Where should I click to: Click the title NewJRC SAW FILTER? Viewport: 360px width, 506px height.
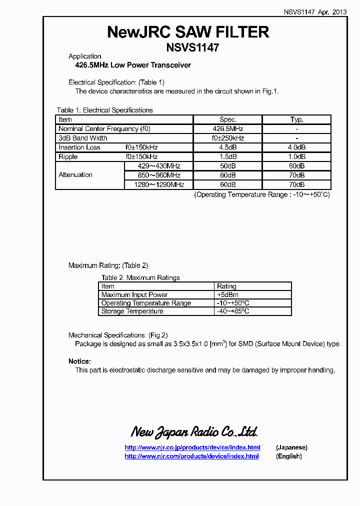pyautogui.click(x=188, y=32)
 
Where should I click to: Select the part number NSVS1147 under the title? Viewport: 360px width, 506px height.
pyautogui.click(x=192, y=47)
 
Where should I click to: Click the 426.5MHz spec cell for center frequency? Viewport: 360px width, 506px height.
pyautogui.click(x=227, y=129)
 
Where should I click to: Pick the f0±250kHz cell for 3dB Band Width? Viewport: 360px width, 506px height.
pyautogui.click(x=227, y=138)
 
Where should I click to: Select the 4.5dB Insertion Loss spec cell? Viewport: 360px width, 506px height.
pyautogui.click(x=227, y=147)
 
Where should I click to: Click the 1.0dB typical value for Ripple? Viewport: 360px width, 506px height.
pyautogui.click(x=296, y=157)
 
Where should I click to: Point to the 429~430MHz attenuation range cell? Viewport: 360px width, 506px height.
pyautogui.click(x=158, y=166)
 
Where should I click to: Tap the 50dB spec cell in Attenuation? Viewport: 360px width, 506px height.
pyautogui.click(x=227, y=166)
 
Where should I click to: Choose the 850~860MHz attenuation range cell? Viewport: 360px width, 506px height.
pyautogui.click(x=158, y=175)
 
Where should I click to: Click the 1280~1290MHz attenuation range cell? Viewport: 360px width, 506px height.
pyautogui.click(x=158, y=185)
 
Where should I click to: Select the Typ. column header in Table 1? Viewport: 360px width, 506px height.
pyautogui.click(x=296, y=120)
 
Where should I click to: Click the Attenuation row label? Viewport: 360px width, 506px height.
pyautogui.click(x=75, y=175)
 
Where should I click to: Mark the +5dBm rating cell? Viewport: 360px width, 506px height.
pyautogui.click(x=227, y=295)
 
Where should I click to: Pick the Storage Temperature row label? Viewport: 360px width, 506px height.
pyautogui.click(x=132, y=311)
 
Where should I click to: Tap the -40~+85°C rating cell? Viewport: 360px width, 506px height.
pyautogui.click(x=233, y=311)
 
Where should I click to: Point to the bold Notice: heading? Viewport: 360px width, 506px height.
pyautogui.click(x=79, y=361)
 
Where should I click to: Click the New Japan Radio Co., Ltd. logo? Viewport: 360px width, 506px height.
pyautogui.click(x=194, y=432)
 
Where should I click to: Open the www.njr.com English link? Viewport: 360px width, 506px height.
pyautogui.click(x=191, y=456)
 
